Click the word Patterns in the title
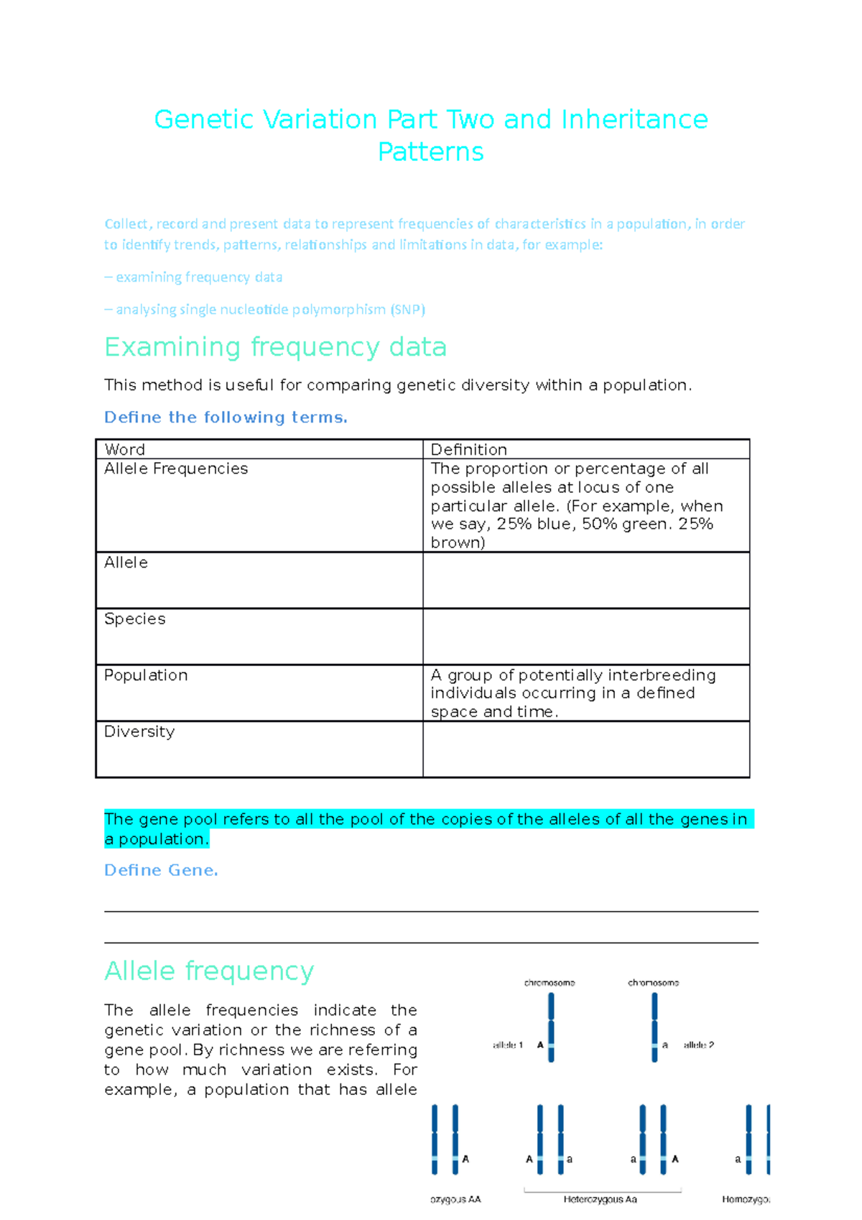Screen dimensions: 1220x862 [430, 152]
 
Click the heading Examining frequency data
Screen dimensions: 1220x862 [275, 347]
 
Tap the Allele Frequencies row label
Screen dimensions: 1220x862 [176, 468]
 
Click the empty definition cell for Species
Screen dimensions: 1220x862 [585, 637]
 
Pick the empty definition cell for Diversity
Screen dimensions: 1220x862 [585, 749]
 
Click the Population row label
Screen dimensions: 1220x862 [146, 675]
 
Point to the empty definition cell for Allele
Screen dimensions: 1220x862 [585, 581]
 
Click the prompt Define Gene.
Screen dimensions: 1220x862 [161, 870]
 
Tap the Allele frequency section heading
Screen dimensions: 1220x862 [209, 971]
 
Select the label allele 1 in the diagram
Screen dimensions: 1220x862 [508, 1045]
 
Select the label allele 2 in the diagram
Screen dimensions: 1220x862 [698, 1045]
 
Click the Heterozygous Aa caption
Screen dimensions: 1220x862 [600, 1199]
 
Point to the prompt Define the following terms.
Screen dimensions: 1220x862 [226, 417]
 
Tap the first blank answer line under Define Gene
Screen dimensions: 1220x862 [431, 910]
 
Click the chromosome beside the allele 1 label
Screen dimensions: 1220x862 [551, 1027]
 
